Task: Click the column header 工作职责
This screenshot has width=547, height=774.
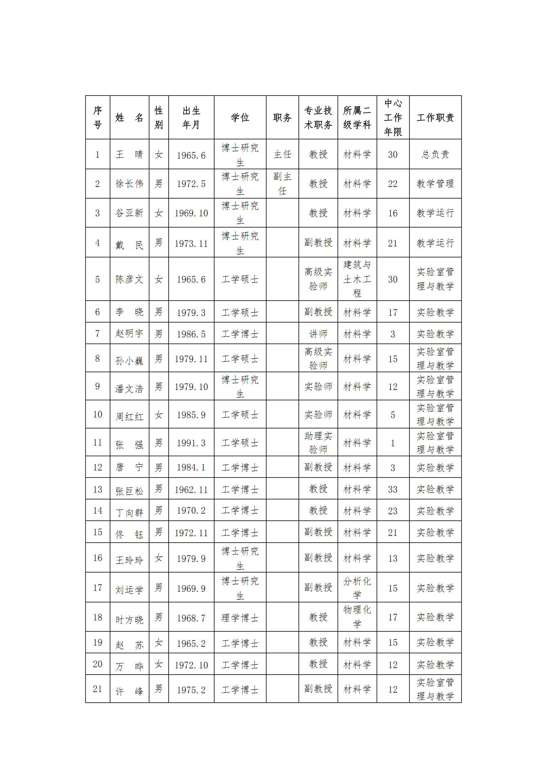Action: click(x=435, y=117)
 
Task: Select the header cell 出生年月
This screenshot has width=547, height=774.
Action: click(x=191, y=117)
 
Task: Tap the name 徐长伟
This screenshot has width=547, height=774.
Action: click(x=129, y=184)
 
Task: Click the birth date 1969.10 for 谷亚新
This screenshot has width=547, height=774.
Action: click(x=191, y=213)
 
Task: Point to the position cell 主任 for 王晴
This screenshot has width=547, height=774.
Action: click(x=282, y=154)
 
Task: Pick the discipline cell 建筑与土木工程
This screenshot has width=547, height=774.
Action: click(x=357, y=279)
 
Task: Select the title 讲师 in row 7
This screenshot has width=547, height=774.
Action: click(x=318, y=334)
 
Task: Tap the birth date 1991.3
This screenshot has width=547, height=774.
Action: click(x=191, y=443)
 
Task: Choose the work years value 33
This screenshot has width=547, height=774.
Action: click(x=393, y=489)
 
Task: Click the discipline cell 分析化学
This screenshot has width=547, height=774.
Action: click(x=357, y=588)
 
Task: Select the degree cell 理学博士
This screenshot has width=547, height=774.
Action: click(x=240, y=617)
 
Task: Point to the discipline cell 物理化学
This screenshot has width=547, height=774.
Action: click(x=357, y=617)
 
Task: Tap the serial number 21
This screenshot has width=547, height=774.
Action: click(x=97, y=689)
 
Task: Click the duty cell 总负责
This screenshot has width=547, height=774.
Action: click(x=435, y=154)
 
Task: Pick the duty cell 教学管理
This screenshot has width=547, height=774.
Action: click(x=435, y=184)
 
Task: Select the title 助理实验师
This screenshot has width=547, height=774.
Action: click(x=318, y=443)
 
